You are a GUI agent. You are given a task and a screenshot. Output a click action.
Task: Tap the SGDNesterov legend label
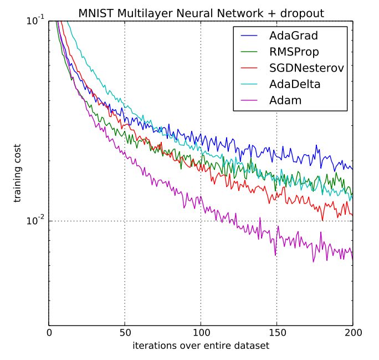pyautogui.click(x=303, y=68)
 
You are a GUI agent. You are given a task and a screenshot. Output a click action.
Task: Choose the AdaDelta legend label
pyautogui.click(x=294, y=84)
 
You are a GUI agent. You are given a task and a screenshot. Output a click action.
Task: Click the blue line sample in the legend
pyautogui.click(x=251, y=36)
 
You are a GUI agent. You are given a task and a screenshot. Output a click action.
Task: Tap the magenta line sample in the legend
pyautogui.click(x=251, y=100)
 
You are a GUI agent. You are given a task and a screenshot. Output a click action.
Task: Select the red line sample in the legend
pyautogui.click(x=251, y=68)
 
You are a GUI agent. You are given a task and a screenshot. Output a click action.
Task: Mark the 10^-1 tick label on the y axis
pyautogui.click(x=35, y=21)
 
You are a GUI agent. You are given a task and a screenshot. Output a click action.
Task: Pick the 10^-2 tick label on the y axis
pyautogui.click(x=35, y=221)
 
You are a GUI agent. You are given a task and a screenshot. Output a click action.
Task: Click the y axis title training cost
pyautogui.click(x=18, y=173)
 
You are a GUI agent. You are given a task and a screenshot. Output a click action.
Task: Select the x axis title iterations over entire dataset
pyautogui.click(x=201, y=346)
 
